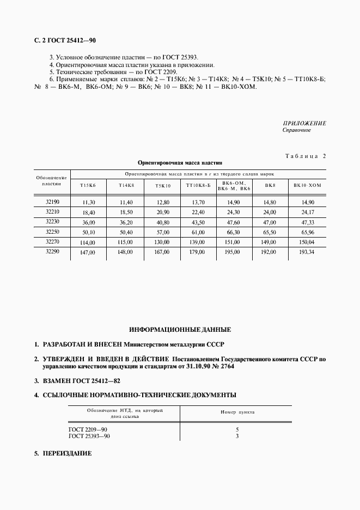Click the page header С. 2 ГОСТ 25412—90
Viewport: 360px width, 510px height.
point(64,40)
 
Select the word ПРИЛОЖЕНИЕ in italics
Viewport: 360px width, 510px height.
point(304,124)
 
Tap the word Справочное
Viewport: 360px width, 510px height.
point(297,131)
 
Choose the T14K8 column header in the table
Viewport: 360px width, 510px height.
point(126,186)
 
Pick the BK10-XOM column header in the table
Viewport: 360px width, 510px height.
point(307,186)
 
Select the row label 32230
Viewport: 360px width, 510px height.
point(53,222)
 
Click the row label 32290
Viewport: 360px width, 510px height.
point(53,252)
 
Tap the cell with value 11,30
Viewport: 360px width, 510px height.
point(88,203)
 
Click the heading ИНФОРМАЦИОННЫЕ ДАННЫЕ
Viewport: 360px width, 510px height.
point(180,330)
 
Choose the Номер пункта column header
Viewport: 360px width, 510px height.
point(237,412)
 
